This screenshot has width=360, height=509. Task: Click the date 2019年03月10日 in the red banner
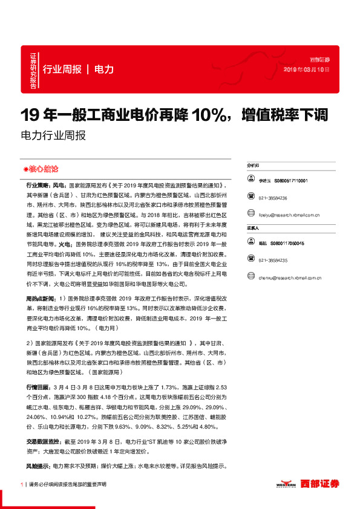306,70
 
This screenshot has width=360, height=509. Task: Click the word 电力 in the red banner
104,69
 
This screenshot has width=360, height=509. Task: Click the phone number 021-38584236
273,198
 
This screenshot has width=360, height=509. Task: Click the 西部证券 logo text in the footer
322,484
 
